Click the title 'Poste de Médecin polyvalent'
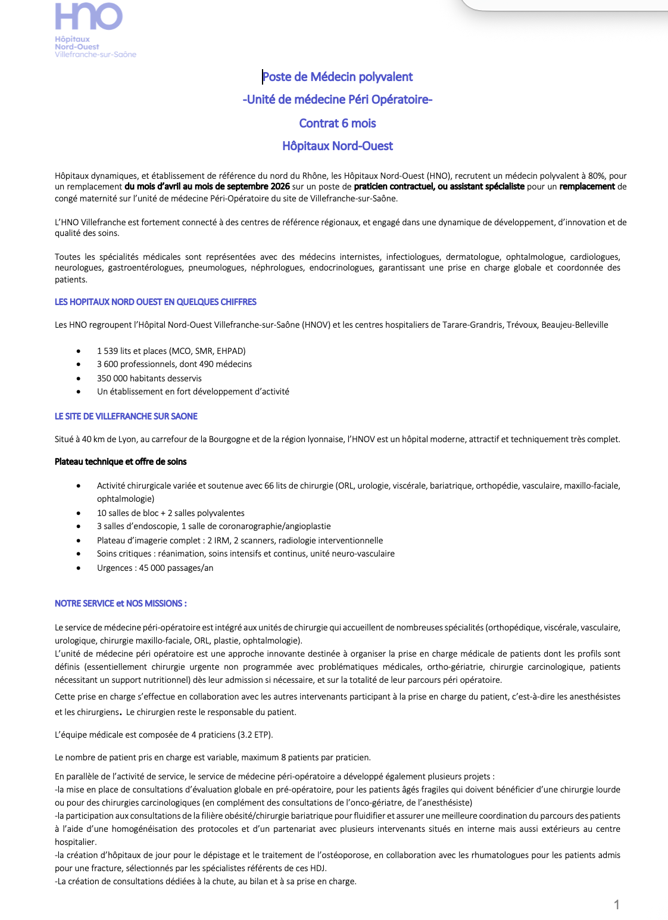338,77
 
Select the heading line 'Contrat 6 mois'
338,123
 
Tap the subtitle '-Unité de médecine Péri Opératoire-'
338,100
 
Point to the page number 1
617,905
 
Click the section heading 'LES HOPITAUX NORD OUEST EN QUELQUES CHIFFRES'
155,302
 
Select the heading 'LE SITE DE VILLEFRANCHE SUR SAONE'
126,417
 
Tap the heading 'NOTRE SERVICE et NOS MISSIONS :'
121,604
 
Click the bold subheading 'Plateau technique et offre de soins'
121,462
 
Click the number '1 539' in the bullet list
108,351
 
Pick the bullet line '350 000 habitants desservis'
149,378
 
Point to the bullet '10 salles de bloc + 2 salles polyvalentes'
171,513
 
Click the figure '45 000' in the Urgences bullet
152,568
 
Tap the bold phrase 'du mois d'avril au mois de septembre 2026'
207,187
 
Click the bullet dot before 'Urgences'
79,568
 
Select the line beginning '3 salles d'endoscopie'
214,526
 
